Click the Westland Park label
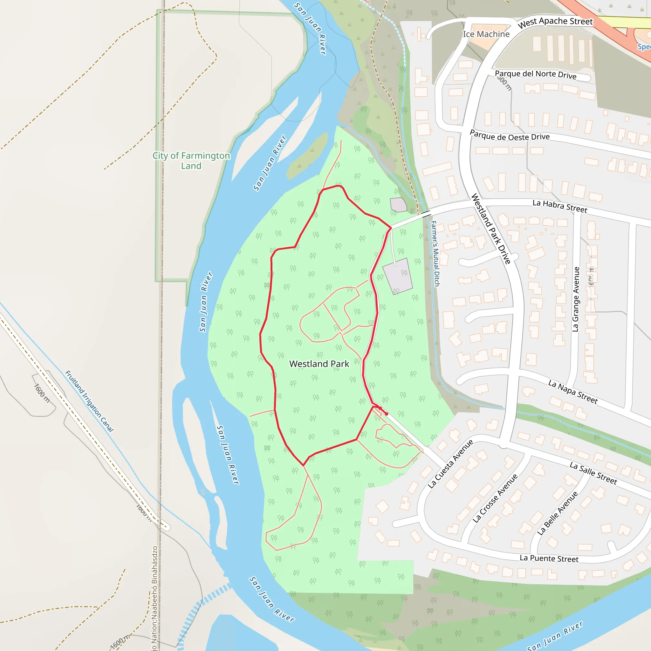coord(319,364)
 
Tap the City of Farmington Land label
coord(191,161)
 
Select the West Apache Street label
coord(555,22)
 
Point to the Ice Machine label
coord(486,34)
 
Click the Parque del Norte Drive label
coord(535,74)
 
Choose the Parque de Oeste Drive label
coord(510,136)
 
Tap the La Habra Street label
coord(560,206)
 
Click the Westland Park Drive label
coord(490,229)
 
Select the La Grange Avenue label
coord(576,299)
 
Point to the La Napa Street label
coord(573,392)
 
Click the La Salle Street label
coord(593,473)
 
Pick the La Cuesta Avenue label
coord(450,464)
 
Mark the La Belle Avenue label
coord(557,513)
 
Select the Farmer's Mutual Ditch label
coord(435,253)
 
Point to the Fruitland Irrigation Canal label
coord(89,401)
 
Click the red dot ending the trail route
coord(387,414)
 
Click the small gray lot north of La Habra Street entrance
coord(398,204)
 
